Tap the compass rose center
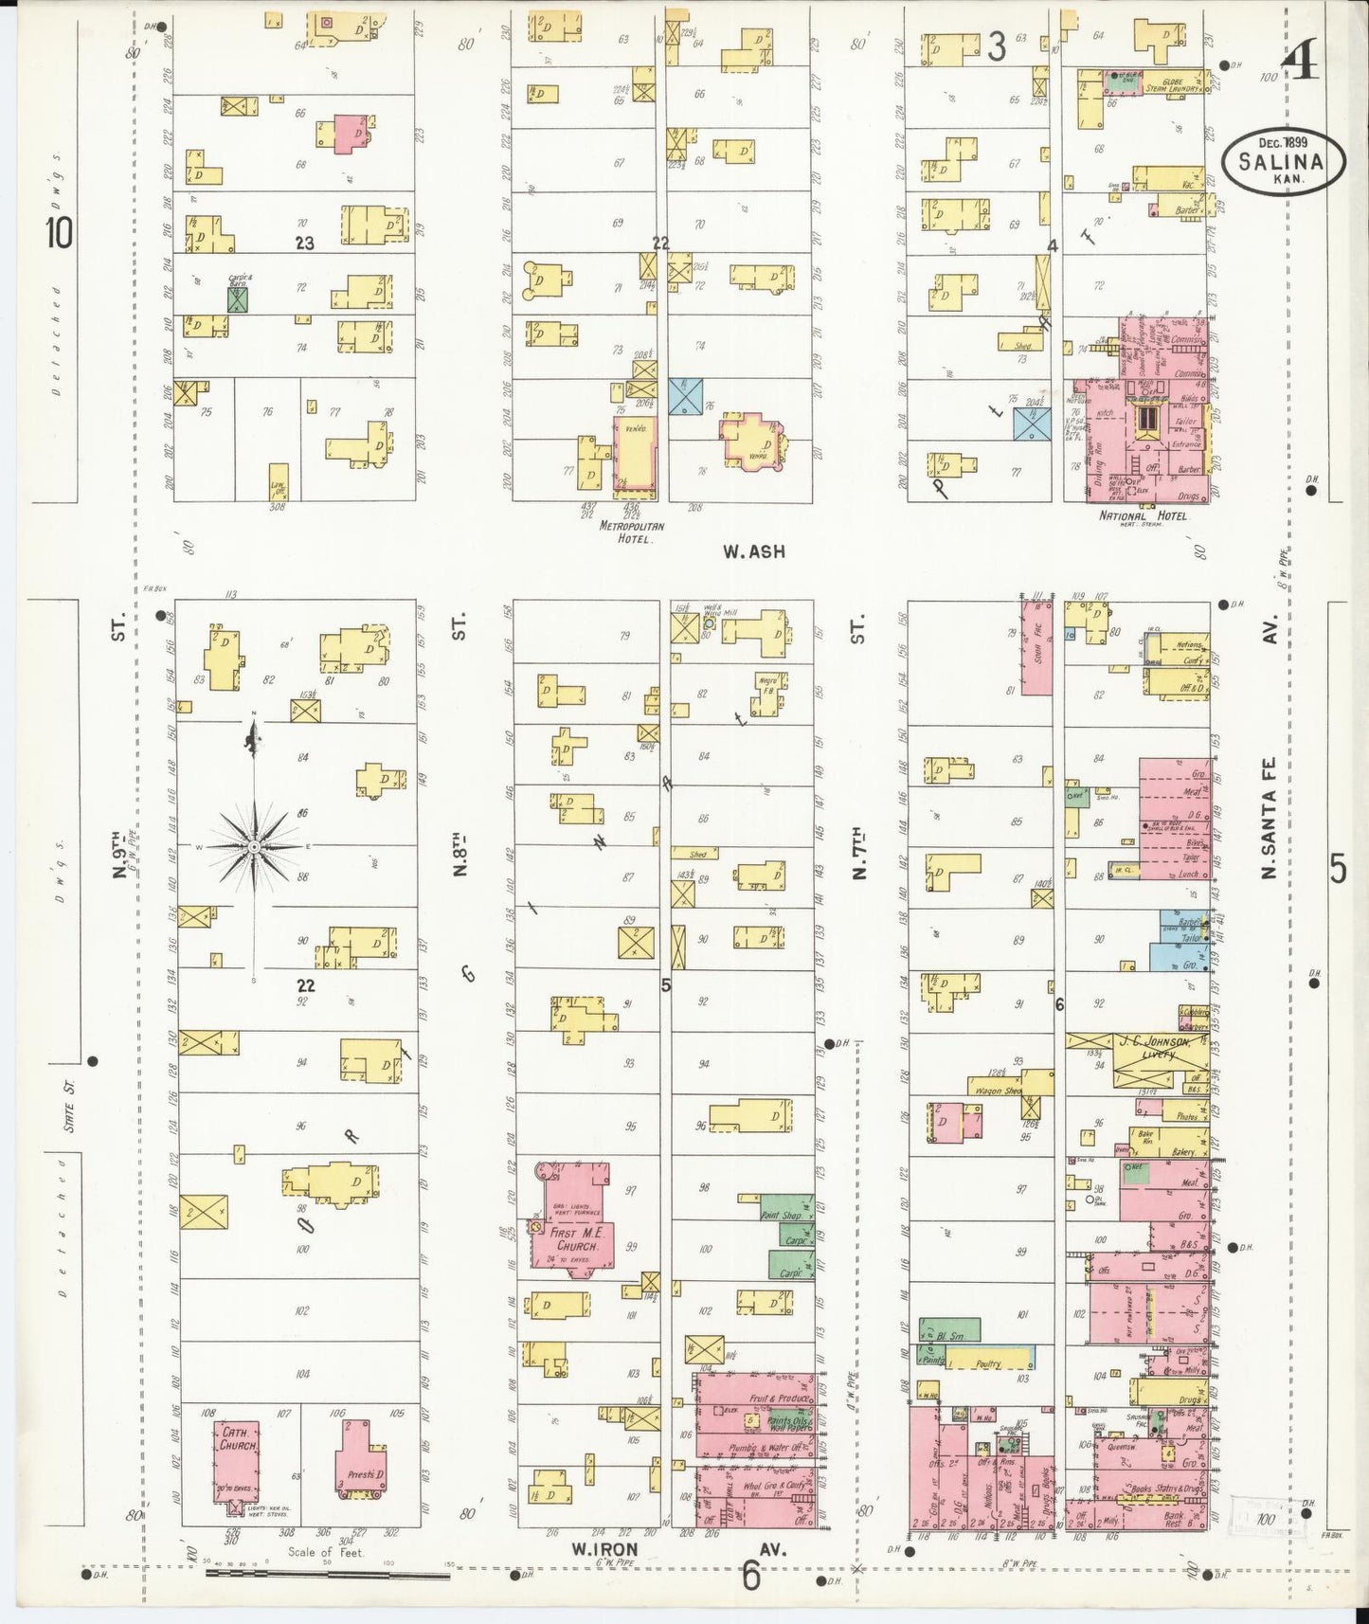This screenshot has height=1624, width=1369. (255, 844)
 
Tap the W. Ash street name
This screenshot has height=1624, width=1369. (753, 550)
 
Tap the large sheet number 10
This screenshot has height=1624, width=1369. (59, 232)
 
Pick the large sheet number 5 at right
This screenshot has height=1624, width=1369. (1337, 868)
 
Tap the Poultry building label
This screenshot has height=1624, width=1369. (988, 1362)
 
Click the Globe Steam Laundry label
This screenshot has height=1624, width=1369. (1169, 83)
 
